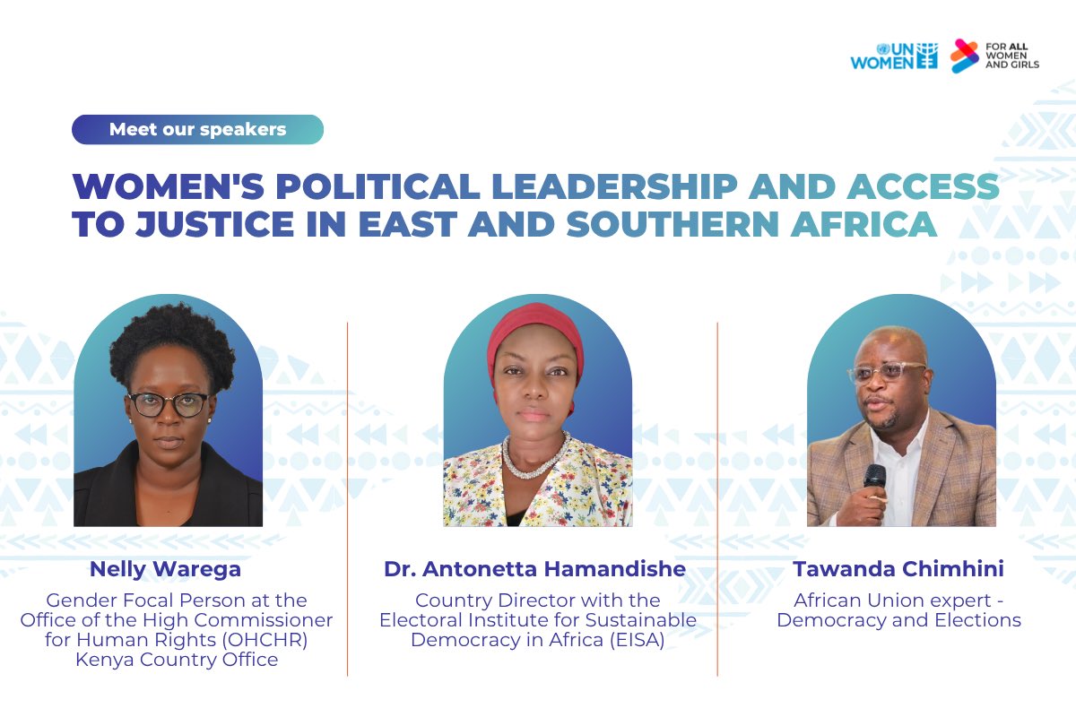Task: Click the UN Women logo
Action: click(x=894, y=56)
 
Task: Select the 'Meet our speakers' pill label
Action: click(x=197, y=129)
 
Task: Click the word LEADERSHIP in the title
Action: click(x=614, y=186)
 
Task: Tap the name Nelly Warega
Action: click(x=165, y=568)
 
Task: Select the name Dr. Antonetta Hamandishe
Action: click(x=534, y=568)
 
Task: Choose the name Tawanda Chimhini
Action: click(x=898, y=568)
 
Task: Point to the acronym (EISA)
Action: click(x=635, y=640)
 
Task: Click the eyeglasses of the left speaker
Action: click(x=169, y=403)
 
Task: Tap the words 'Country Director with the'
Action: click(x=537, y=600)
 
